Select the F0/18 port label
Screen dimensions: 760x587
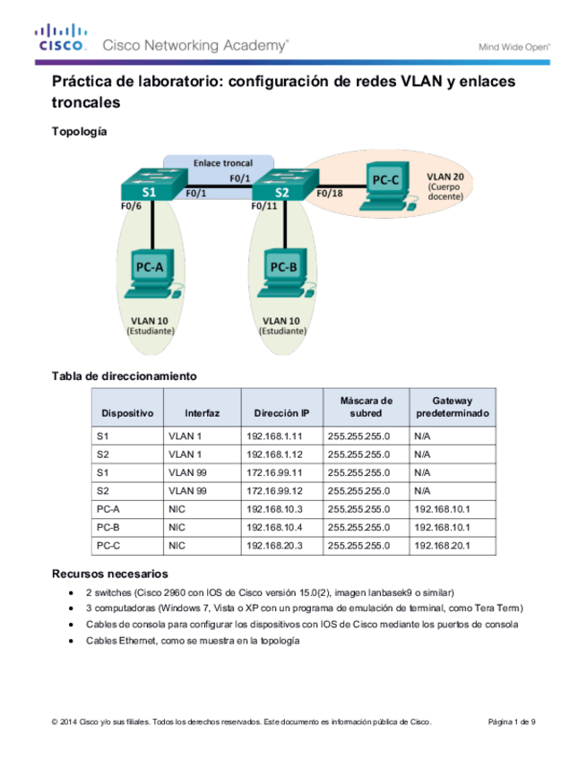pyautogui.click(x=331, y=193)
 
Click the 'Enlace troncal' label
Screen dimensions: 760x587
pyautogui.click(x=223, y=164)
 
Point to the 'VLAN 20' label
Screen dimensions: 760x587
pyautogui.click(x=445, y=177)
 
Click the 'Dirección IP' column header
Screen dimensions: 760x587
pyautogui.click(x=281, y=413)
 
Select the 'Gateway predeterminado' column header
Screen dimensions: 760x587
pyautogui.click(x=453, y=407)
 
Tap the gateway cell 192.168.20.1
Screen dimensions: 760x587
pyautogui.click(x=443, y=544)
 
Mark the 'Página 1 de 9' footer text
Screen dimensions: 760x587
pyautogui.click(x=512, y=721)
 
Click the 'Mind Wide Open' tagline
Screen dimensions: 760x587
pyautogui.click(x=514, y=44)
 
